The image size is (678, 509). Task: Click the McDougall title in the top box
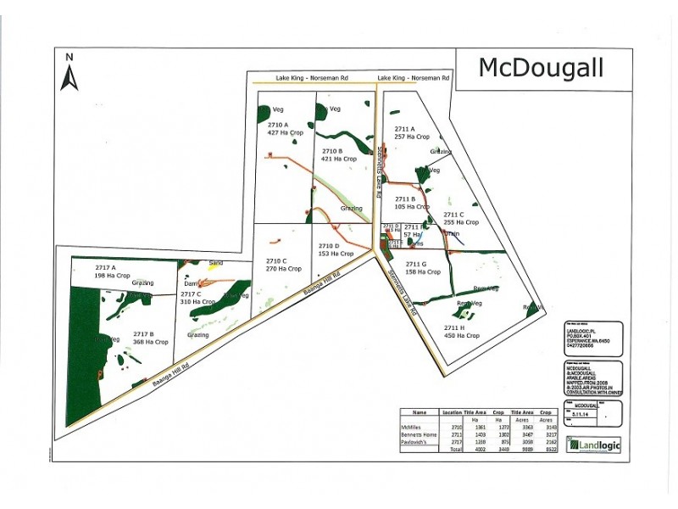pos(541,68)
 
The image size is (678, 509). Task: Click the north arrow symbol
pos(70,74)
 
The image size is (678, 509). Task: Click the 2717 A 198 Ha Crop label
pos(101,271)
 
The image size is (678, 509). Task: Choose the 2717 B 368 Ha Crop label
pos(150,338)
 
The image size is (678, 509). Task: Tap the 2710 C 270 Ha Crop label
pos(283,265)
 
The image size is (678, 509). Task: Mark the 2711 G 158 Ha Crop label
pos(422,268)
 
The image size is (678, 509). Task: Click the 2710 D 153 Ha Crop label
pos(335,249)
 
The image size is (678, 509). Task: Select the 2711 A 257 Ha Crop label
pos(411,132)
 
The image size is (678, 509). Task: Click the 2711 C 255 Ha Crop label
pos(460,219)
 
